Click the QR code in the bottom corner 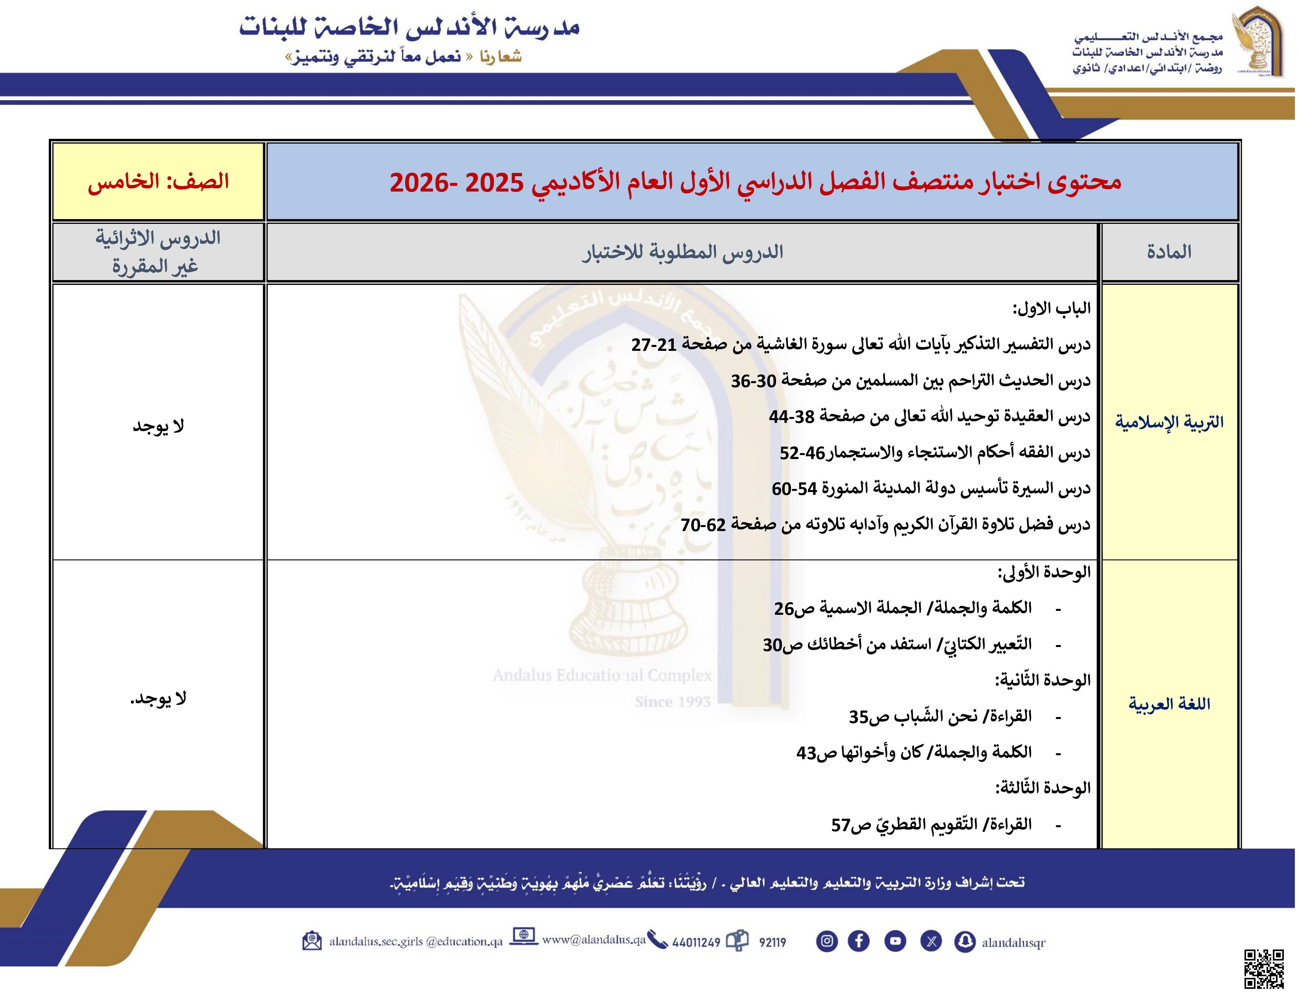(1264, 969)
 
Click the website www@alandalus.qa (593, 939)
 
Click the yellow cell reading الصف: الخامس (158, 181)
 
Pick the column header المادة (1169, 252)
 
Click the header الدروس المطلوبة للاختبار (682, 252)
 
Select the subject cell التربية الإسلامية (1169, 422)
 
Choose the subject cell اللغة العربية (1169, 704)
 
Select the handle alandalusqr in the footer (1013, 942)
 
